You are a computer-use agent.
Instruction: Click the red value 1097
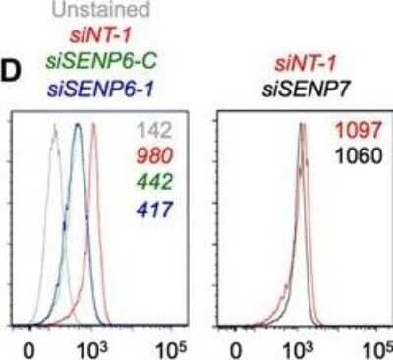(x=368, y=131)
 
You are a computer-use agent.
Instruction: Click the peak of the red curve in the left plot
(x=94, y=126)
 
